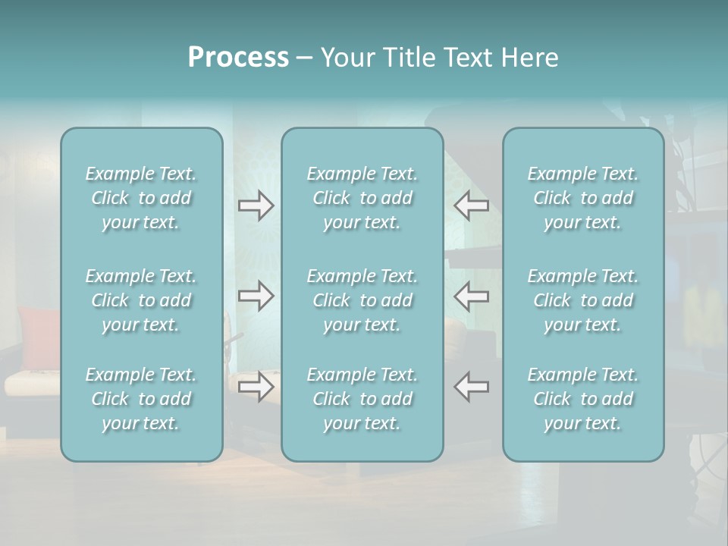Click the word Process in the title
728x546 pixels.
click(x=238, y=58)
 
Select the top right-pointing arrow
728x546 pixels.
click(x=256, y=206)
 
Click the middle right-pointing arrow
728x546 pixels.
click(x=256, y=296)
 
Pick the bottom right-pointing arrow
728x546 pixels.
click(x=256, y=387)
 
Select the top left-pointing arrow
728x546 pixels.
click(x=471, y=206)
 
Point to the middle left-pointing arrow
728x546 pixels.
click(x=471, y=296)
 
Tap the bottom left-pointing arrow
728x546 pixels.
click(x=471, y=387)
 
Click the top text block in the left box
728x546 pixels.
click(x=141, y=198)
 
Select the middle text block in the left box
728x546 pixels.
click(x=141, y=300)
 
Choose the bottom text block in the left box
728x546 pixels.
click(x=141, y=399)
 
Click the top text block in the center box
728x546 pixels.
click(x=362, y=198)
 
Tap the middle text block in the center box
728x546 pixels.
click(x=362, y=300)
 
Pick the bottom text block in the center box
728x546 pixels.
click(x=362, y=399)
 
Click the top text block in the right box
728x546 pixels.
click(x=582, y=198)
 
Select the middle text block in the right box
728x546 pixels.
click(x=582, y=300)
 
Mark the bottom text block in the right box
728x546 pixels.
click(x=582, y=399)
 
